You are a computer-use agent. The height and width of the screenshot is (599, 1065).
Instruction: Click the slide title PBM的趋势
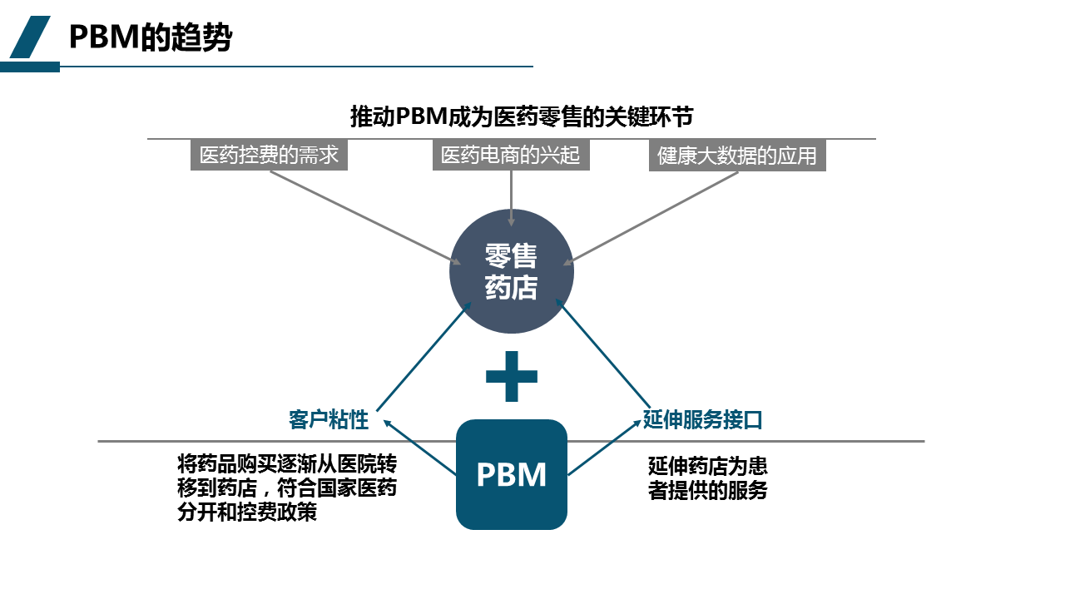[150, 38]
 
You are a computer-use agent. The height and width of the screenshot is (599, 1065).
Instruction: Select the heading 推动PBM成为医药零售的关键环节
[522, 116]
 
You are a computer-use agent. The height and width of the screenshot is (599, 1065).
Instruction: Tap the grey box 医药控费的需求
[269, 156]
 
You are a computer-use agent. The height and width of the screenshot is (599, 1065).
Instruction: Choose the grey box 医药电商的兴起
[510, 156]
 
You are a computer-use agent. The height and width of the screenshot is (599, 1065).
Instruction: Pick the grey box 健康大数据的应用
[737, 156]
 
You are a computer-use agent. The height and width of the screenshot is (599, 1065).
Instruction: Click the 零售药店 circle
[511, 271]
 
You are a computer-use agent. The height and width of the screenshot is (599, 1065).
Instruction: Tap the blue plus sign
[511, 376]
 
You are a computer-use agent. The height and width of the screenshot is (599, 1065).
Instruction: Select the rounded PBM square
[511, 474]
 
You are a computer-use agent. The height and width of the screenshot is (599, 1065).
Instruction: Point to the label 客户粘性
[329, 420]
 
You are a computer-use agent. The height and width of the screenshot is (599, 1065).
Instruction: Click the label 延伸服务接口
[703, 420]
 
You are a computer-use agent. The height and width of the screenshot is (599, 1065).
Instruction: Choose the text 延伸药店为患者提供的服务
[707, 478]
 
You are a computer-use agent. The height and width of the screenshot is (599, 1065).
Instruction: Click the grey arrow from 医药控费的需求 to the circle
[366, 218]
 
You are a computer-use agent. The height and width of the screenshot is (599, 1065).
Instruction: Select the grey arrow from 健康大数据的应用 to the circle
[653, 218]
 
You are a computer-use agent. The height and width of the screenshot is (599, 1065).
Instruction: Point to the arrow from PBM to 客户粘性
[420, 447]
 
